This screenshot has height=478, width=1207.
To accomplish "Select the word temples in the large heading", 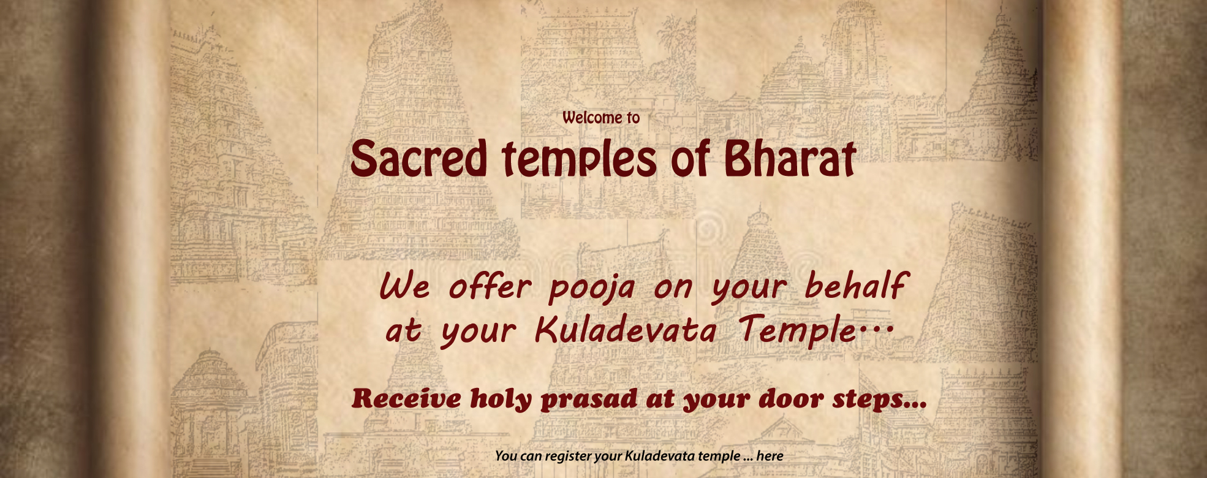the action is tap(579, 161).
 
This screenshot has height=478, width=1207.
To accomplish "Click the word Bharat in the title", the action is tap(790, 158).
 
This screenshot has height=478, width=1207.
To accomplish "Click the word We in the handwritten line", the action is tap(404, 287).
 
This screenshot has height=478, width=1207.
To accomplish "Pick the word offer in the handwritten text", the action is tap(490, 286).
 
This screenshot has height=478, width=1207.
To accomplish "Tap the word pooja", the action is tap(592, 288).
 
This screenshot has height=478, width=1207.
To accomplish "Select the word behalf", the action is tap(855, 286).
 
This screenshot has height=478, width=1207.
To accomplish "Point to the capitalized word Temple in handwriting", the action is tap(797, 331).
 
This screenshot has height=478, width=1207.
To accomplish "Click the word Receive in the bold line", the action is tap(407, 399).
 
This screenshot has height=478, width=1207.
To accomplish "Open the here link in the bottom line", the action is tap(770, 456).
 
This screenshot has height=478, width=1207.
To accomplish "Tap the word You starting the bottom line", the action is tap(506, 456).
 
